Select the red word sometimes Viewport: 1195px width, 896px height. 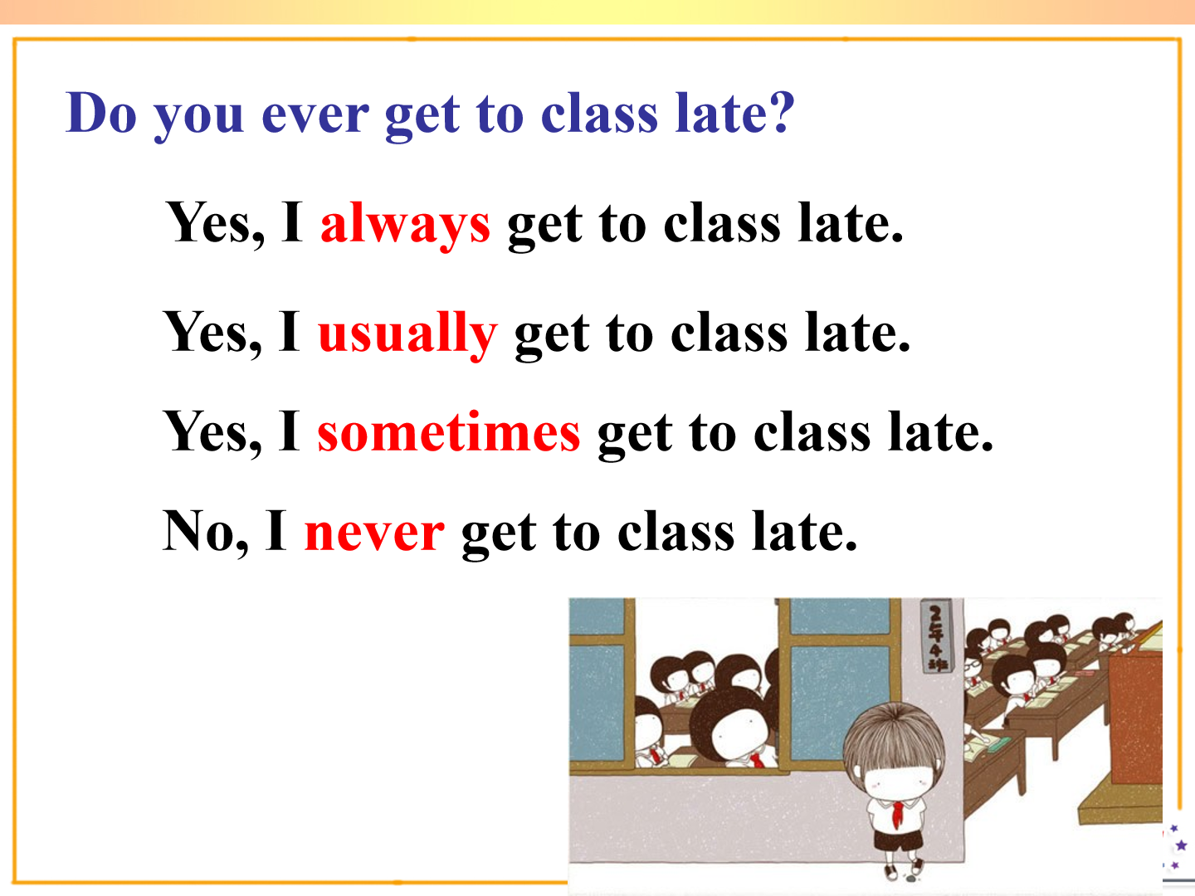(x=449, y=432)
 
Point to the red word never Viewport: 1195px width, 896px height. (x=374, y=533)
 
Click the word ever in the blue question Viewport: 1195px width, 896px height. (x=316, y=115)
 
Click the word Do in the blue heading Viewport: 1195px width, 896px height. (x=101, y=112)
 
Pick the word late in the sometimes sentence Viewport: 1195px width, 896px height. (x=940, y=432)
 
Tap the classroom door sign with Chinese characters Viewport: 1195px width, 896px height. (x=938, y=636)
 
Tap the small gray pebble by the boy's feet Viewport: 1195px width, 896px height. (x=910, y=878)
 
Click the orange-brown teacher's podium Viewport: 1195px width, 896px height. (x=1134, y=718)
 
